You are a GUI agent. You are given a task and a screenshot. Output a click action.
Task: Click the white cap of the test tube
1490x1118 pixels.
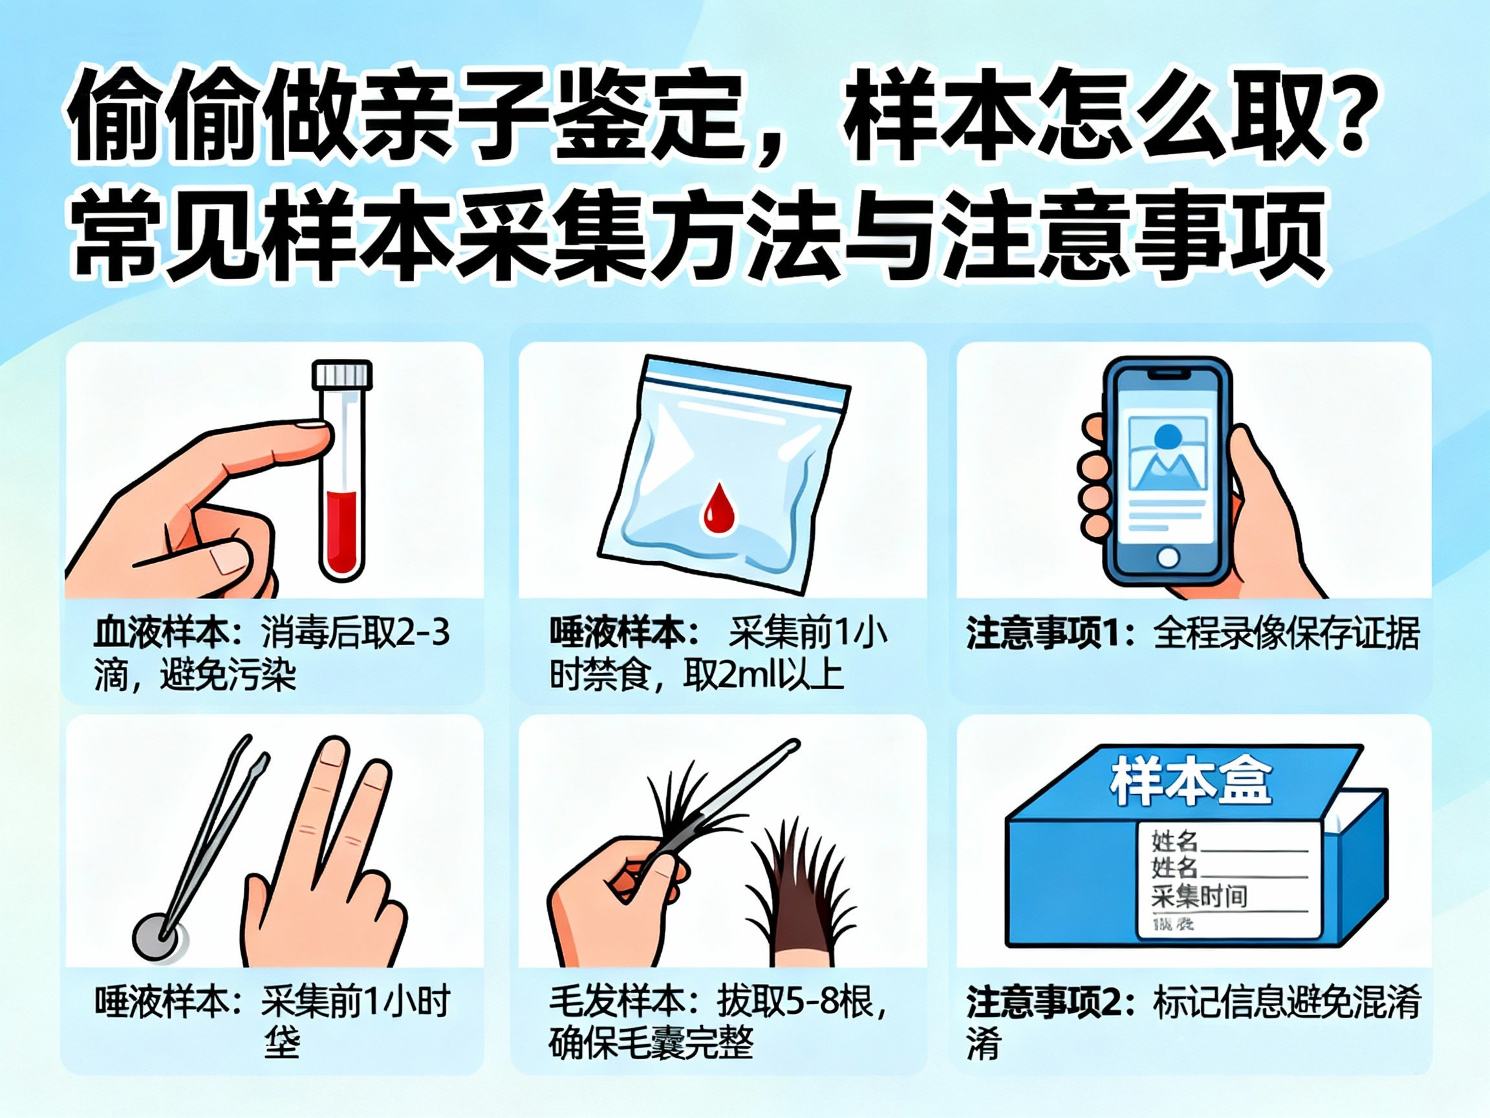coord(342,374)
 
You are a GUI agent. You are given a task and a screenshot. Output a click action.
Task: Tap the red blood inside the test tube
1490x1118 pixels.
coord(341,532)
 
